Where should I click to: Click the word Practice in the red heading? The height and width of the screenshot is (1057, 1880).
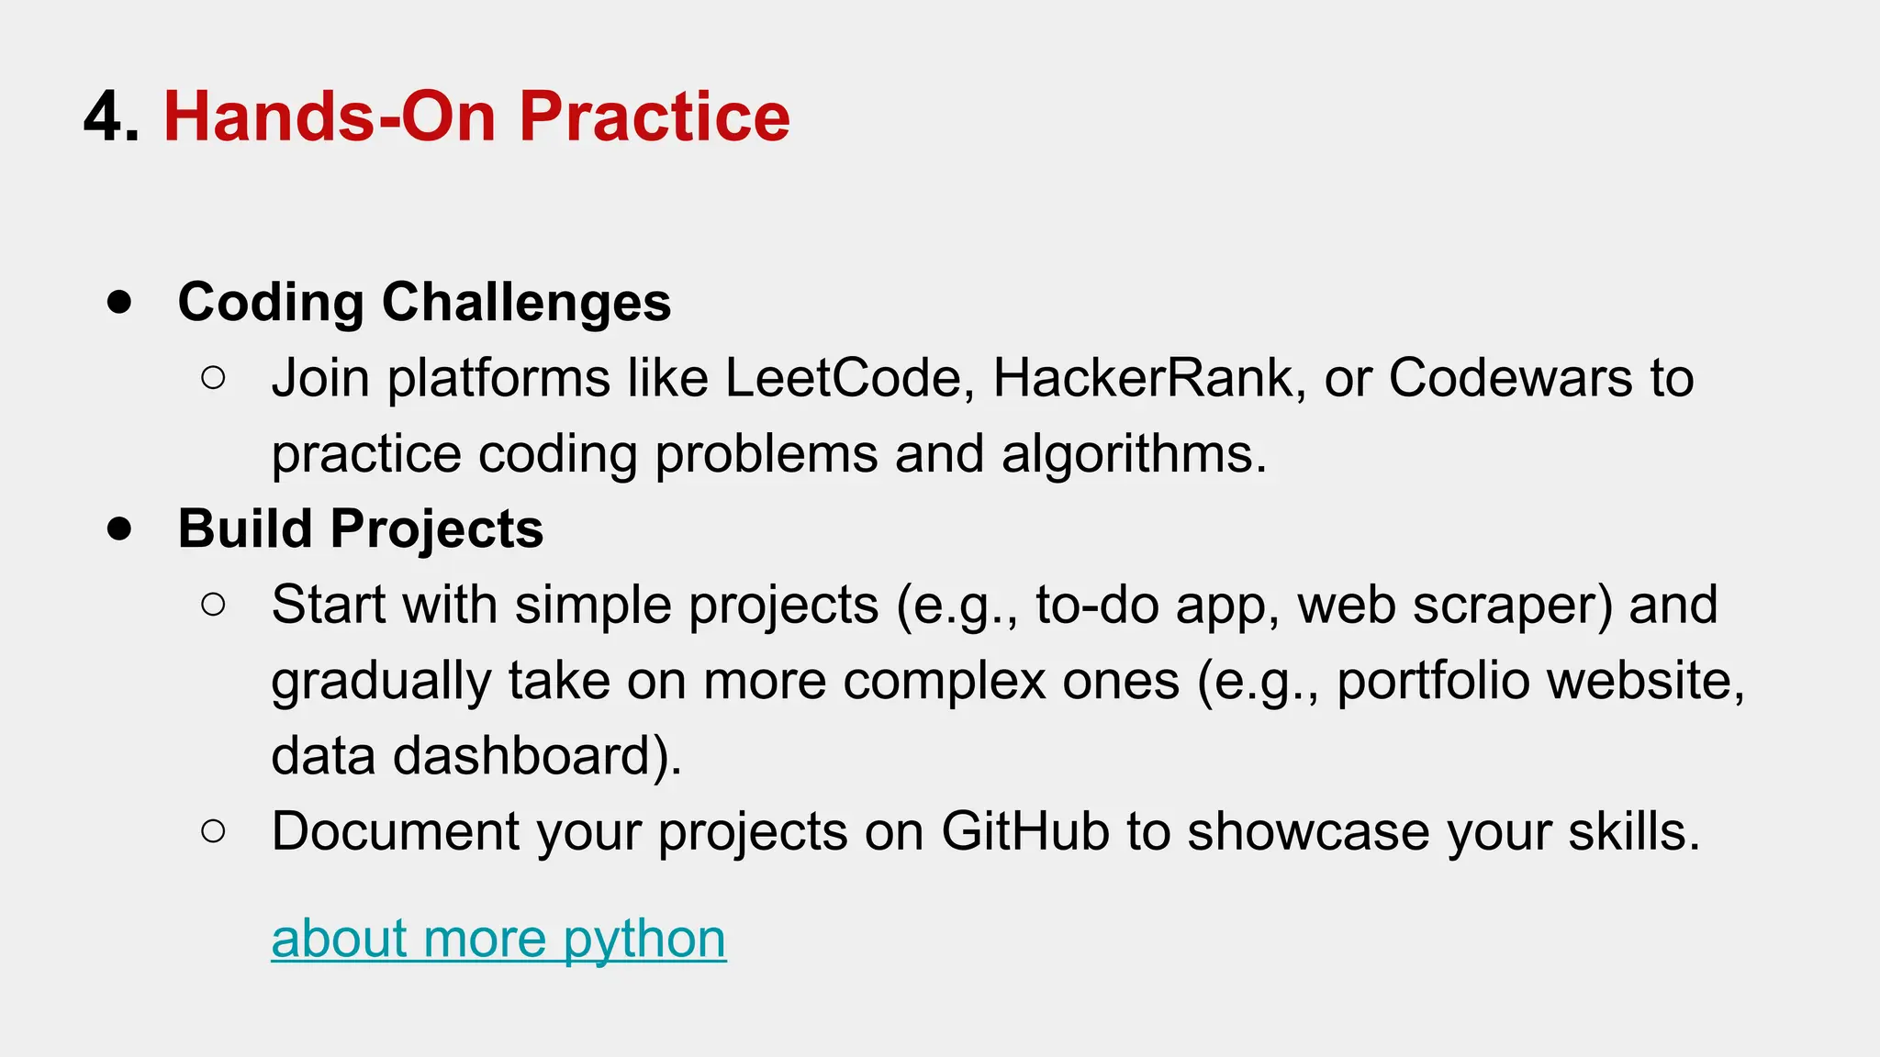(654, 117)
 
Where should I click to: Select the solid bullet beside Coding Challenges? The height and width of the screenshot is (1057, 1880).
(119, 302)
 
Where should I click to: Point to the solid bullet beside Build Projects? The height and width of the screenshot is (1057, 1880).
(119, 528)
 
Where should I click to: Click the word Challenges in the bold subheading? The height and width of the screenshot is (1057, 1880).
(526, 302)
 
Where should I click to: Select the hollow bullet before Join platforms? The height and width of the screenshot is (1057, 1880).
(213, 378)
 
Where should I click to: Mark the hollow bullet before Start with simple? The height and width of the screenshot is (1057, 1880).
(213, 605)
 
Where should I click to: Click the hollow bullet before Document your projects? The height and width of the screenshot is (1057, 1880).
(213, 831)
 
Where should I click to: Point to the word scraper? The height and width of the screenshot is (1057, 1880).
(1511, 605)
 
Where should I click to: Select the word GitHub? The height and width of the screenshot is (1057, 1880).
(1024, 831)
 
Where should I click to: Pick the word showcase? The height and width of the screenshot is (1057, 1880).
(1307, 831)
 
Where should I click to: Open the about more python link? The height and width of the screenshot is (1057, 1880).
(498, 939)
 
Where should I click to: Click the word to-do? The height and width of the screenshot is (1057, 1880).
(1097, 605)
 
